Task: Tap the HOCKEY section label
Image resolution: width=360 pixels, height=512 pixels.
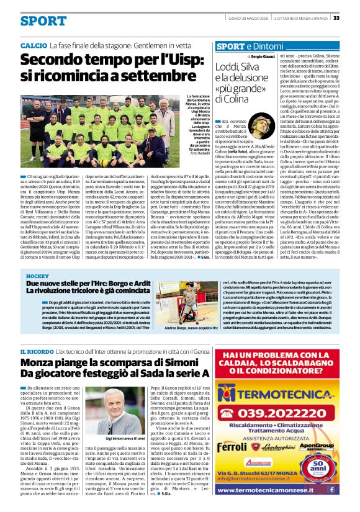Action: pyautogui.click(x=36, y=275)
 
